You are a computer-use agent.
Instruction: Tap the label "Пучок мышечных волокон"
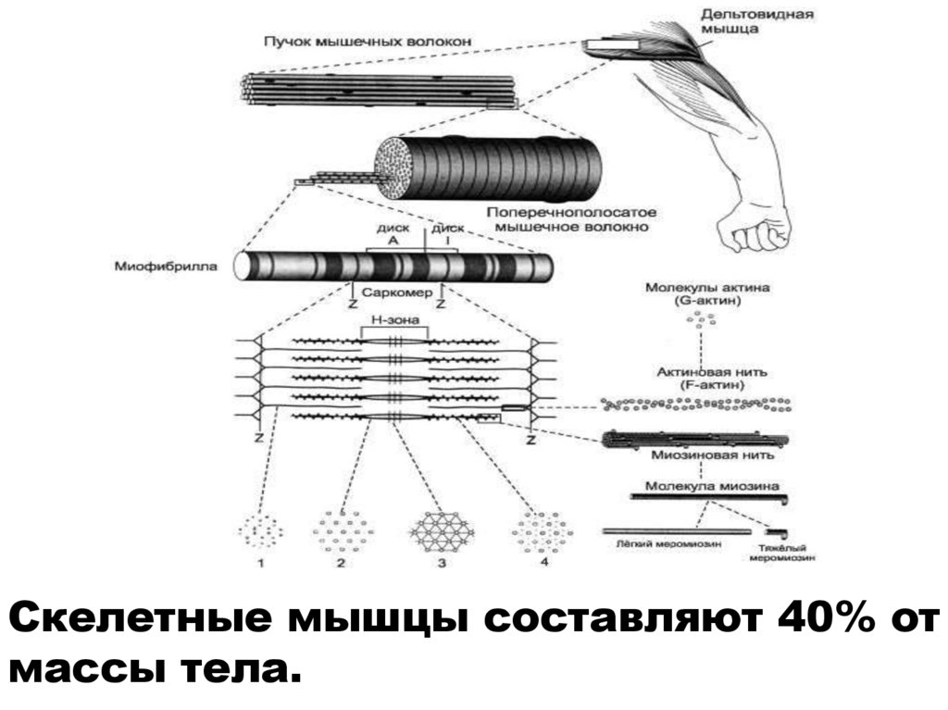click(368, 42)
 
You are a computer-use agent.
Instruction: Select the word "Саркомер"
click(396, 290)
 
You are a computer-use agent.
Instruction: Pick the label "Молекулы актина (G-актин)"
click(707, 293)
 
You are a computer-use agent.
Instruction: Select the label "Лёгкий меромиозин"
click(656, 545)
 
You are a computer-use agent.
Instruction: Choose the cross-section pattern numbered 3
click(442, 530)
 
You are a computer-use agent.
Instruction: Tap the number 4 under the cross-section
click(544, 562)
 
